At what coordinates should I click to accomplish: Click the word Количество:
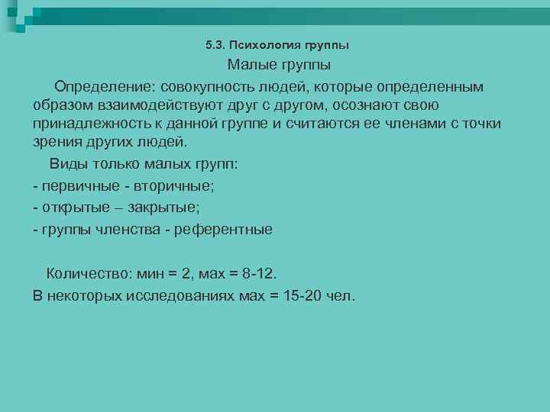[x=89, y=273]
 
